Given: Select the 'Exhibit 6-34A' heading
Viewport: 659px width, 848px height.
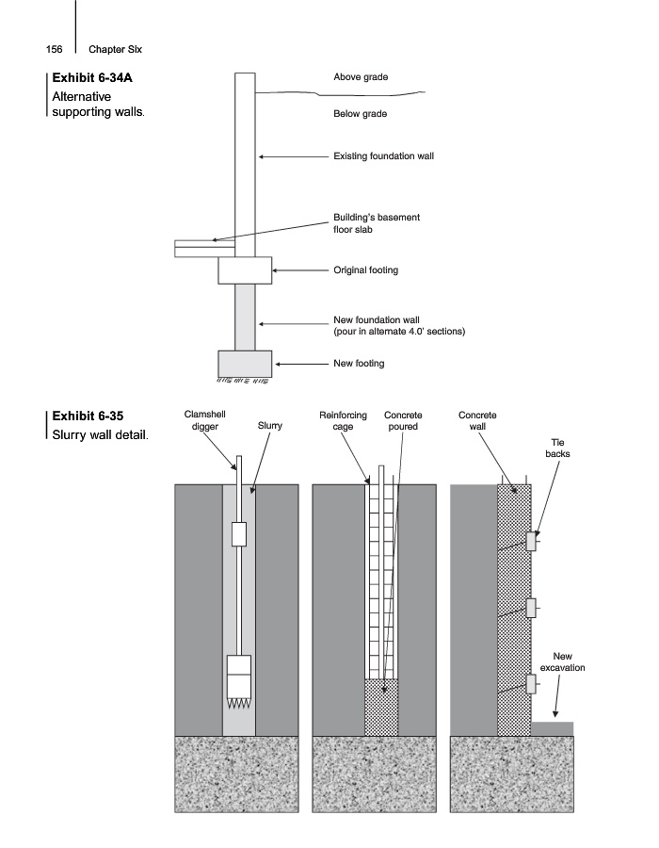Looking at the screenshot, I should [x=92, y=77].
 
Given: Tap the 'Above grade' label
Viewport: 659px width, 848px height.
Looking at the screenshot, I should [x=361, y=77].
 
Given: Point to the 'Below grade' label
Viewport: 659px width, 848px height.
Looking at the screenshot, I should [x=361, y=114].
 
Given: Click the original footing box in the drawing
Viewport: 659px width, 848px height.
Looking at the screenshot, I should [x=245, y=269].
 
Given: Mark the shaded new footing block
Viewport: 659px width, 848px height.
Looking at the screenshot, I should [x=245, y=364].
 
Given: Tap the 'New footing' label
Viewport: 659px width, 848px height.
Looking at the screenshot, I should [x=359, y=363].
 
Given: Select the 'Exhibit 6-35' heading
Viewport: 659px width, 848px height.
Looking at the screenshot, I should [x=88, y=416].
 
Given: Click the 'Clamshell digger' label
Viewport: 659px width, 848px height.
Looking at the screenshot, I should [x=204, y=420].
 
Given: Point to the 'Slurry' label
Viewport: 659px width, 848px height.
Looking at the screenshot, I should [x=270, y=426].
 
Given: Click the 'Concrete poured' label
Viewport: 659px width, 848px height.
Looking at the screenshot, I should [x=403, y=420].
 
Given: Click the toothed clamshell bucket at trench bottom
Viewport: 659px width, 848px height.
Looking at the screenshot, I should [x=239, y=682].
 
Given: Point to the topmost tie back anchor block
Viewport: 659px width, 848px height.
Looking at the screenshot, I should [x=532, y=542].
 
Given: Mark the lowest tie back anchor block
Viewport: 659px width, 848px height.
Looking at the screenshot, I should [x=532, y=684].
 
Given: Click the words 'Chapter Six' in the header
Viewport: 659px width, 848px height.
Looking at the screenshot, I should [x=115, y=49].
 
